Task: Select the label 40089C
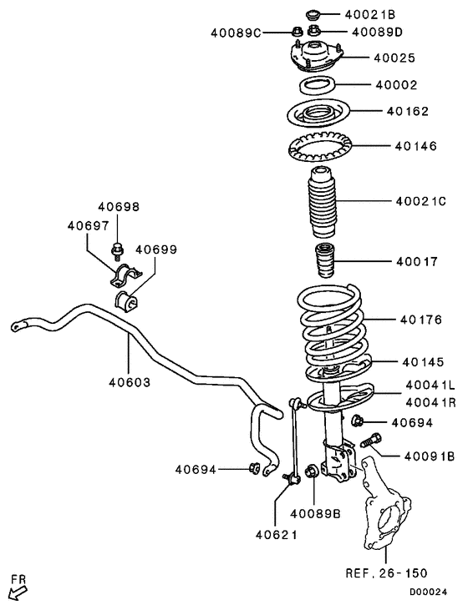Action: (x=237, y=33)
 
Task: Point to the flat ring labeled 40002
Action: (x=316, y=85)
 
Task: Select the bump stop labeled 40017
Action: (x=323, y=262)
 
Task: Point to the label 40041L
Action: (x=430, y=385)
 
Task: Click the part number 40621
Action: (x=276, y=534)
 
